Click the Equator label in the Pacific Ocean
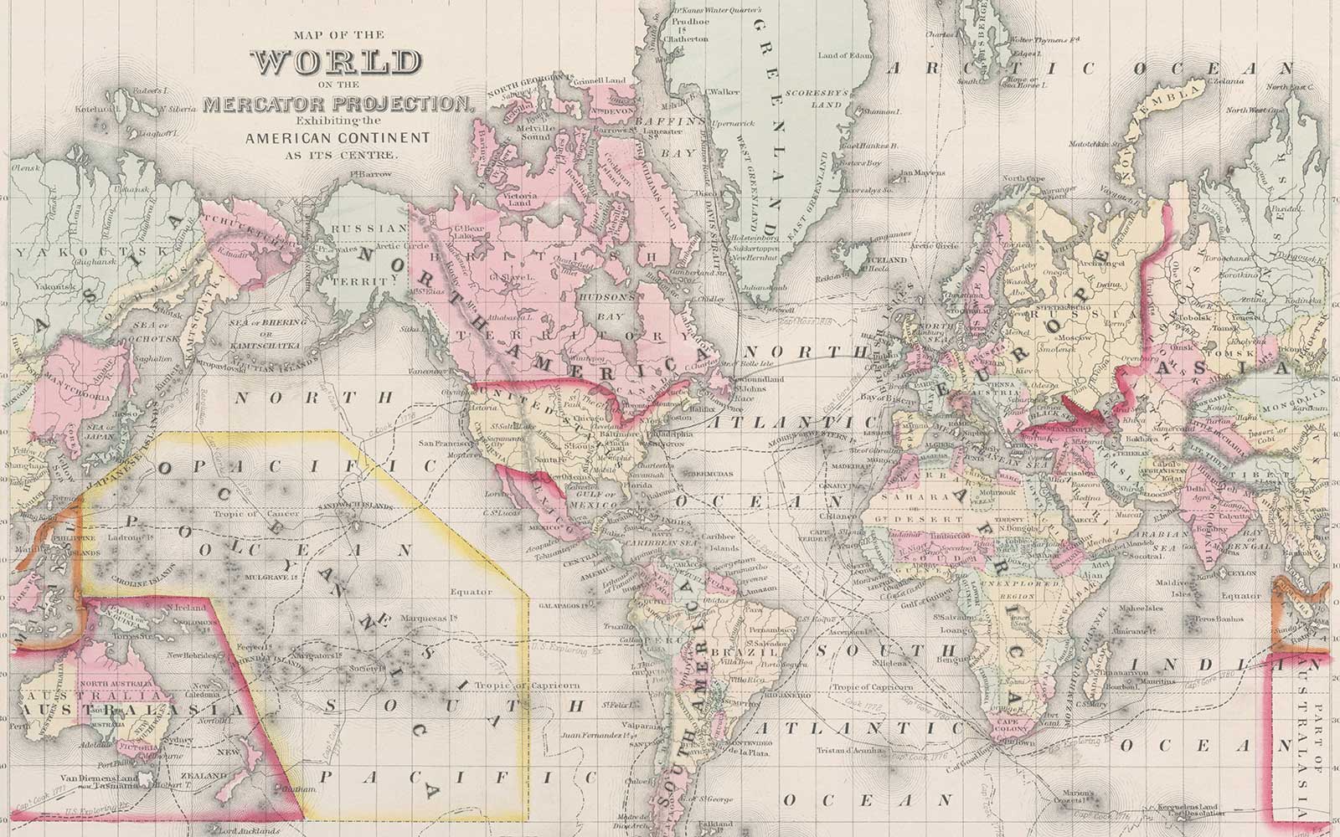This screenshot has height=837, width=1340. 470,591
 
